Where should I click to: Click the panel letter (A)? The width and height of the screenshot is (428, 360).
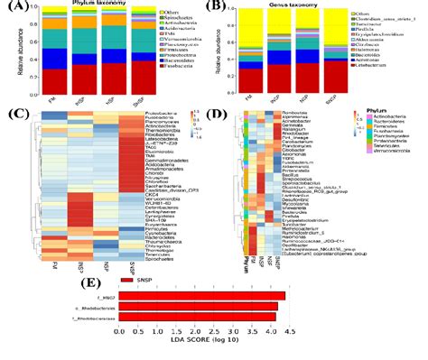[13, 8]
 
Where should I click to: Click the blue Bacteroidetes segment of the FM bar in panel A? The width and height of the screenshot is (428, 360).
[54, 60]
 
